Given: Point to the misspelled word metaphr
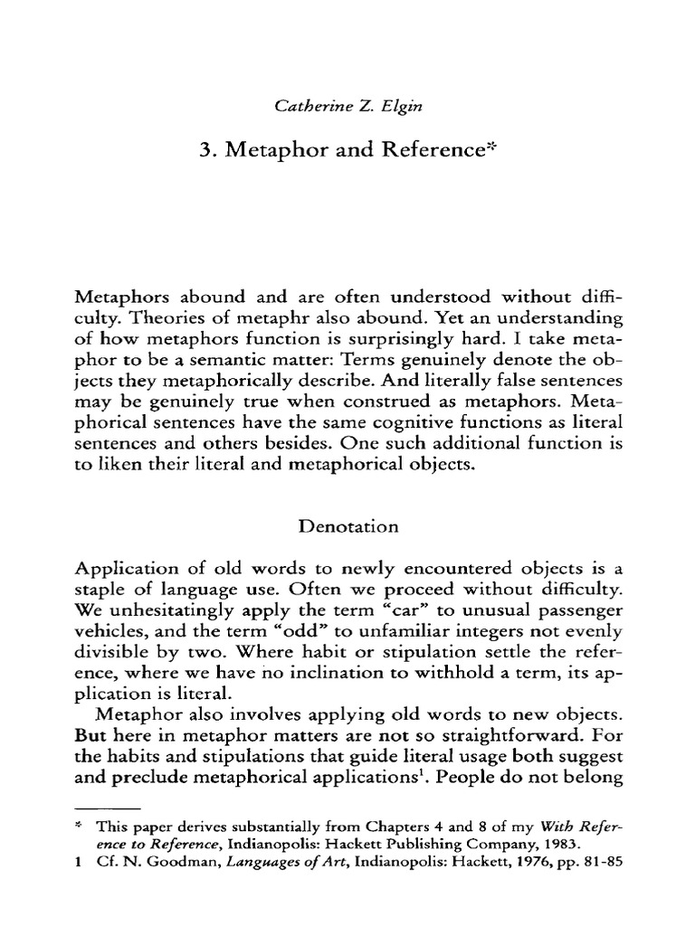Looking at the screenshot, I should point(288,320).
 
